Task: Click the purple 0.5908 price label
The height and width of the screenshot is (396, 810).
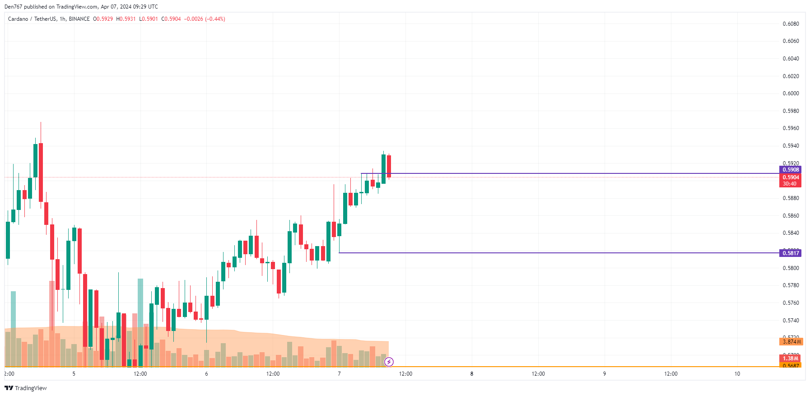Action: coord(790,170)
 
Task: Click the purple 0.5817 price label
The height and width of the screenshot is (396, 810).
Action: coord(790,253)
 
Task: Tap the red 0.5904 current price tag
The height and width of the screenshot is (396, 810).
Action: coord(790,177)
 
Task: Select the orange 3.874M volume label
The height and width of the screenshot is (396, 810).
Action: coord(791,342)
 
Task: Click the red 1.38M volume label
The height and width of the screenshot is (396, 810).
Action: coord(790,359)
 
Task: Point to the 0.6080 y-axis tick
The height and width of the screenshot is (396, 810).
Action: coord(791,24)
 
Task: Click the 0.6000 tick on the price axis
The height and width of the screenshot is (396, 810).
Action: coord(791,93)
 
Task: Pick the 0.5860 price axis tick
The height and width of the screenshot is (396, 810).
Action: coord(791,216)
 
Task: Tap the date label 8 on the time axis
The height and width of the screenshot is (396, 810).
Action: coord(472,374)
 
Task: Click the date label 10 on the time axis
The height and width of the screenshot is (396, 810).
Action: coord(737,374)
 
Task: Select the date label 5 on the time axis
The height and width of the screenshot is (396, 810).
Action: coord(74,374)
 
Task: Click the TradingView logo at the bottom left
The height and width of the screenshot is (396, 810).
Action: coord(26,388)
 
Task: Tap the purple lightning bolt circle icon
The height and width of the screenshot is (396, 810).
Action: coord(389,362)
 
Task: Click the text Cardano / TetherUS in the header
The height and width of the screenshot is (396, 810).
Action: coord(32,19)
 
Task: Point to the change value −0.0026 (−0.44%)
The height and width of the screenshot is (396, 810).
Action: coord(205,19)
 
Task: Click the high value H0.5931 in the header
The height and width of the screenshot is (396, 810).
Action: coord(126,19)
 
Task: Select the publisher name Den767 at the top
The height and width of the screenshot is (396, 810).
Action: coord(13,7)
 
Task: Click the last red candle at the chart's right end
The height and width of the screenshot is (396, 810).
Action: coord(389,166)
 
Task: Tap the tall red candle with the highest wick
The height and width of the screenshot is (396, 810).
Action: coord(41,172)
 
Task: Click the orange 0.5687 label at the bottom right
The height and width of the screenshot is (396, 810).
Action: coord(790,366)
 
